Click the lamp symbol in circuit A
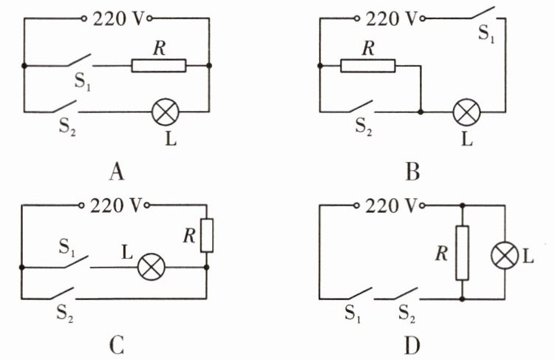tap(165, 112)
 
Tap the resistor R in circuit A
tap(158, 66)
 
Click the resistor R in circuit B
tap(368, 66)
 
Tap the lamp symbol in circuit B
tap(466, 112)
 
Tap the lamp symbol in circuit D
tap(505, 256)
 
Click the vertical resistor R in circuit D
tap(462, 254)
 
